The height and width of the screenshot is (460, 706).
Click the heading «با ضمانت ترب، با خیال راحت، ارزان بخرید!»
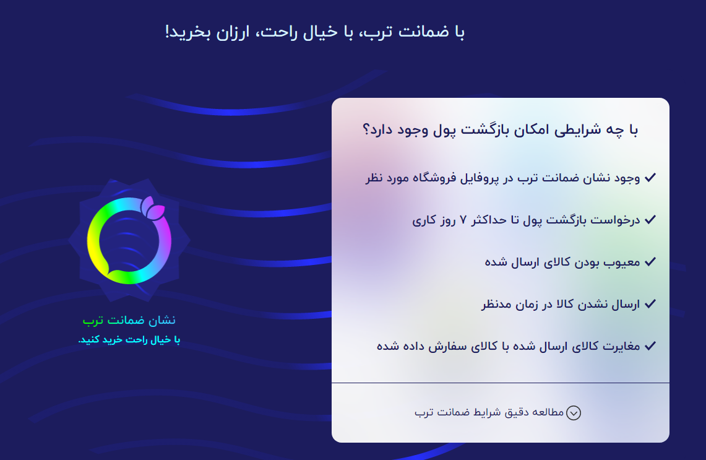[x=315, y=32]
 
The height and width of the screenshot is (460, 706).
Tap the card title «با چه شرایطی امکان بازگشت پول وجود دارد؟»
[x=500, y=130]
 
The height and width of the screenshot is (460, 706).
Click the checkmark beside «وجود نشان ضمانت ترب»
[x=650, y=178]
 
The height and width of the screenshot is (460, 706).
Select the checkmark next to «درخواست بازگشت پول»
[x=650, y=219]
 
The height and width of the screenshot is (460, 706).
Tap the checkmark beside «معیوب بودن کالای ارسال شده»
[x=650, y=262]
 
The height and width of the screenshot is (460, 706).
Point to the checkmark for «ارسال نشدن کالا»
[x=650, y=303]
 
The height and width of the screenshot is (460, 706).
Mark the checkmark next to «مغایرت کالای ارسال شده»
[x=650, y=345]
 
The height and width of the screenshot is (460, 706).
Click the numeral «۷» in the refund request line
[x=463, y=220]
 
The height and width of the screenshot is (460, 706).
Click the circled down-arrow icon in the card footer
[x=573, y=413]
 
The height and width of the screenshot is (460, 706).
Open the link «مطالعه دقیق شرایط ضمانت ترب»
[x=489, y=413]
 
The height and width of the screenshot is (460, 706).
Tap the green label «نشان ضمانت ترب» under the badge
[x=129, y=320]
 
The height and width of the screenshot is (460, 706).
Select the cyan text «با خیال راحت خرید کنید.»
[x=129, y=340]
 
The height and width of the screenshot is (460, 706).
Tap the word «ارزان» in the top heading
[x=233, y=32]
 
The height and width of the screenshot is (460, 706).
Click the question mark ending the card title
[x=366, y=130]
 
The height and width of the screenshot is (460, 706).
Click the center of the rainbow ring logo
[x=129, y=241]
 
